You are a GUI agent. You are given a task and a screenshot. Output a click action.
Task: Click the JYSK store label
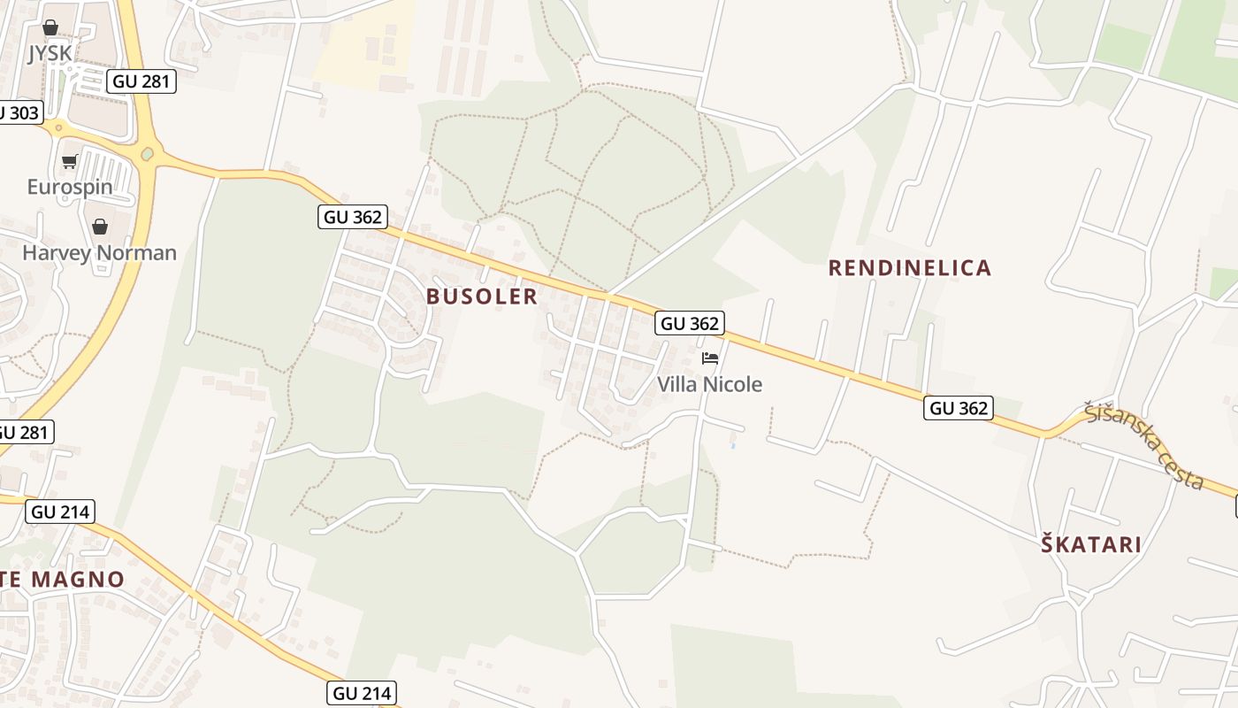[x=50, y=53]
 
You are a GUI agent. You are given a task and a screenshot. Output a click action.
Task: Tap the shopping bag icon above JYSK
[x=50, y=28]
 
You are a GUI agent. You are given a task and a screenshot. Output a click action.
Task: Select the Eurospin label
[x=70, y=187]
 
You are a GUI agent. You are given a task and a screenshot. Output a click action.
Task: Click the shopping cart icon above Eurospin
[x=70, y=162]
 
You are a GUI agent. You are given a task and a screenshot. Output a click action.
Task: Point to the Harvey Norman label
[x=99, y=253]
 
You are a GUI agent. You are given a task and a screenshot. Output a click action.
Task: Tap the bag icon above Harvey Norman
[x=100, y=227]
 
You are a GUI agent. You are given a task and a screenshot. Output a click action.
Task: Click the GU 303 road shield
[x=18, y=112]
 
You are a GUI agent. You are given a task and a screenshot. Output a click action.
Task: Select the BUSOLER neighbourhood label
[x=482, y=296]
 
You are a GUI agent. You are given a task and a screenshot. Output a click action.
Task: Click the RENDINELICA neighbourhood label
[x=909, y=268]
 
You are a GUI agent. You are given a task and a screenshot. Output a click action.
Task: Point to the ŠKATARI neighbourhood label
[x=1091, y=544]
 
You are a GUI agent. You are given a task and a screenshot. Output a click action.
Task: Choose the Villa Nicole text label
[x=709, y=384]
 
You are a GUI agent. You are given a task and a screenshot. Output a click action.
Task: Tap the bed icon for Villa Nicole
[x=709, y=358]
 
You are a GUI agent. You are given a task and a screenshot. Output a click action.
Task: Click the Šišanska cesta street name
[x=1145, y=445]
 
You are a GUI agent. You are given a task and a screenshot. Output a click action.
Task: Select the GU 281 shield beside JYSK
[x=142, y=82]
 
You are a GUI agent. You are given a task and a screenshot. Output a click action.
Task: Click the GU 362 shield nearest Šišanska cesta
[x=959, y=408]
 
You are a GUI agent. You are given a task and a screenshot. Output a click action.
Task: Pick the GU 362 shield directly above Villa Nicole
[x=690, y=323]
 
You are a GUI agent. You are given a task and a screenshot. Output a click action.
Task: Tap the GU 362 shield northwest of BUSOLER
[x=353, y=217]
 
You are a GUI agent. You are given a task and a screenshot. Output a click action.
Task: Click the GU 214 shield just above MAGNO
[x=59, y=512]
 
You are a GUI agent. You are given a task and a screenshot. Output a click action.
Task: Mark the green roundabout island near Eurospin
[x=147, y=155]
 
